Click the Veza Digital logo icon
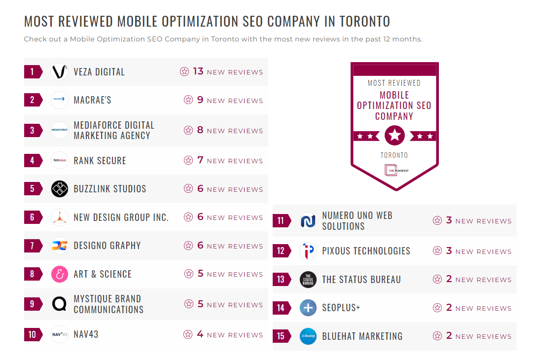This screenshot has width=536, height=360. [x=60, y=72]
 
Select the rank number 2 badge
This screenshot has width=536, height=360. [x=33, y=100]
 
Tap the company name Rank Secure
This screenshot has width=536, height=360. [x=100, y=161]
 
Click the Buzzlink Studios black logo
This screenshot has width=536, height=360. [x=60, y=189]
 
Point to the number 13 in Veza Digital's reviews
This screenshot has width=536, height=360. [x=198, y=72]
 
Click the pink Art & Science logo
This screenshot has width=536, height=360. [x=60, y=274]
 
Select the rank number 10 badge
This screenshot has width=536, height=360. [x=33, y=334]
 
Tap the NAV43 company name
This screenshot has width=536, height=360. [x=86, y=334]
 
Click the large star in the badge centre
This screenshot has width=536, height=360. [x=394, y=136]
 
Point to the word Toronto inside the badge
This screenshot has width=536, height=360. [x=394, y=155]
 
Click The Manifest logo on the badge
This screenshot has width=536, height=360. [x=394, y=170]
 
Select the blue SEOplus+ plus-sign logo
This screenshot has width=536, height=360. [x=308, y=308]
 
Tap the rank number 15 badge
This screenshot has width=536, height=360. [x=281, y=336]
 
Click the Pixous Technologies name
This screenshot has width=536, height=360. [x=366, y=251]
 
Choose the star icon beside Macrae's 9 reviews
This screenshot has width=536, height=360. [x=188, y=100]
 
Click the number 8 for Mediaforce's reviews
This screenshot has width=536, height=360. [x=200, y=130]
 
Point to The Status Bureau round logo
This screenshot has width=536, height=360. [x=308, y=280]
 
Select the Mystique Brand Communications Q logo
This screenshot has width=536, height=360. [x=60, y=304]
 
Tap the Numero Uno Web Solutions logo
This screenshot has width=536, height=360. [x=308, y=221]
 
